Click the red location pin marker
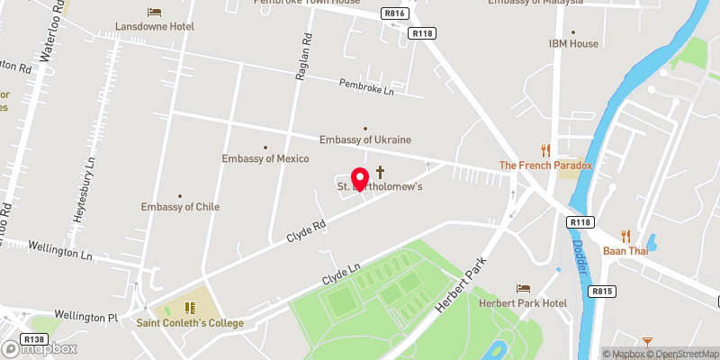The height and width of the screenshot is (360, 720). click(x=359, y=179)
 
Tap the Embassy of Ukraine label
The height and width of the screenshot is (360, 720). click(x=365, y=139)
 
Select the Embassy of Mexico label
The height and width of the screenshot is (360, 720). click(x=265, y=159)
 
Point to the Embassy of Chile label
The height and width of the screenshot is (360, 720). click(x=180, y=207)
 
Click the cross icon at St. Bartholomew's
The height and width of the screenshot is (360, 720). click(x=381, y=171)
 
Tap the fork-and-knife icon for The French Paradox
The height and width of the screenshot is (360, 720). click(x=545, y=150)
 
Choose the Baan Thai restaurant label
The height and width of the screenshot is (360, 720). click(x=627, y=250)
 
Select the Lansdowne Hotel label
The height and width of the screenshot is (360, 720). click(x=155, y=27)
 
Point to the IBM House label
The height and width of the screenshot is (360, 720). click(x=573, y=43)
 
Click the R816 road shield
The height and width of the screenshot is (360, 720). click(x=393, y=13)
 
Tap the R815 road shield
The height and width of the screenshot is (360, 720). click(x=601, y=292)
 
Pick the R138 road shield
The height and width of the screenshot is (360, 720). click(x=35, y=339)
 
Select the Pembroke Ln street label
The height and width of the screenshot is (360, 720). click(x=367, y=88)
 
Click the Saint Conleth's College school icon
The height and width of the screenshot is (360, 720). click(x=190, y=308)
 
